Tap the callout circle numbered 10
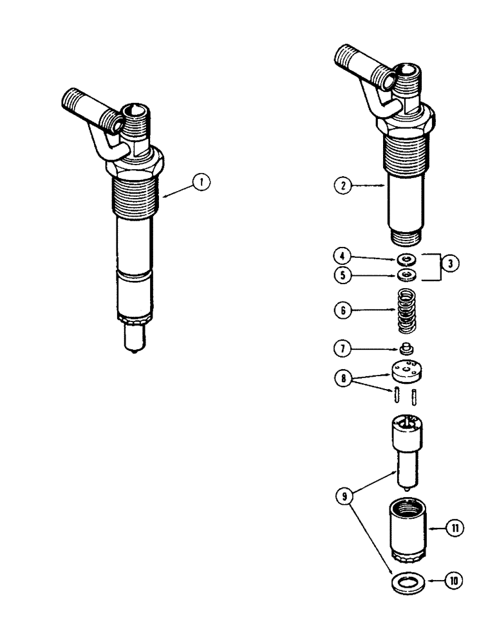pyautogui.click(x=455, y=581)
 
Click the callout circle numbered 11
pyautogui.click(x=455, y=528)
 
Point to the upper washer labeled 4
pyautogui.click(x=407, y=259)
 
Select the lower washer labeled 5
pyautogui.click(x=407, y=276)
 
